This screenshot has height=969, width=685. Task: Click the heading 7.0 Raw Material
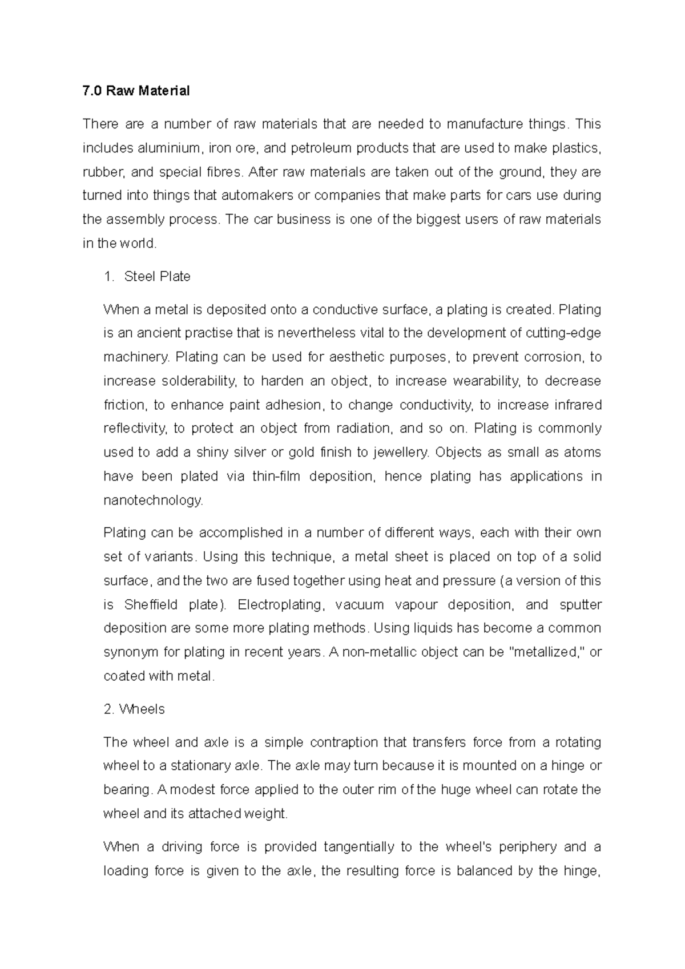(x=136, y=91)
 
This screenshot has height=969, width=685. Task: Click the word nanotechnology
(x=152, y=500)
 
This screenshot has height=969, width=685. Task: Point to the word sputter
(x=581, y=605)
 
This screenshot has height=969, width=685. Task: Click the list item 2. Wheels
(x=134, y=709)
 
